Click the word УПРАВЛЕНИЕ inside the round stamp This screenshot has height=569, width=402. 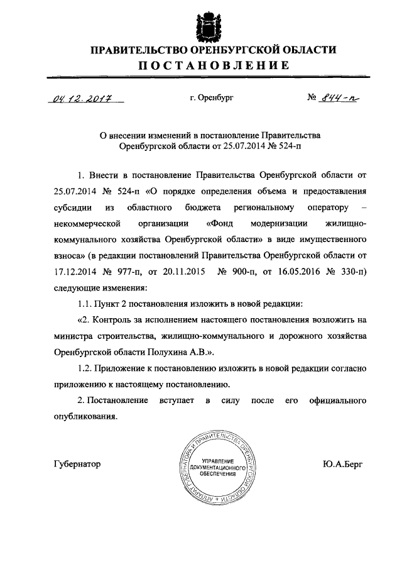pyautogui.click(x=215, y=461)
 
